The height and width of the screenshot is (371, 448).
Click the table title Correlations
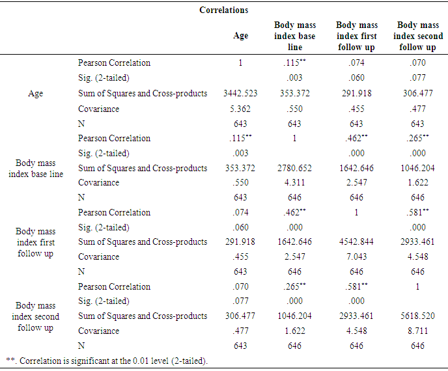coord(224,10)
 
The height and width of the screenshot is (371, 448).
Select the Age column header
coord(240,36)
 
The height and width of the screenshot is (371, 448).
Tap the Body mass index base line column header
coord(295,36)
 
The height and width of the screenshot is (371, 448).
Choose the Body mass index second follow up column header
coord(417,36)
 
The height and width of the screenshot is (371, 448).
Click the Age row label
coord(36,94)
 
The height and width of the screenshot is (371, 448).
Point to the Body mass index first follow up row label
coord(36,242)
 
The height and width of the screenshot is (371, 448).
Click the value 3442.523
coord(240,94)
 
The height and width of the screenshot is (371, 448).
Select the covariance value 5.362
coord(240,109)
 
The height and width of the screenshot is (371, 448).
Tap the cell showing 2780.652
coord(295,168)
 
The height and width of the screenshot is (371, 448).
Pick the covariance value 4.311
coord(295,183)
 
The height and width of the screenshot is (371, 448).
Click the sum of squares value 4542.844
coord(357,242)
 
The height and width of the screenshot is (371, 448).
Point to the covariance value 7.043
coord(357,257)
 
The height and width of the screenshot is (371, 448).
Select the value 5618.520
coord(417,316)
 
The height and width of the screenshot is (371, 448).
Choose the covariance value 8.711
coord(417,331)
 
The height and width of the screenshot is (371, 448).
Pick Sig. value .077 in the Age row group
coord(417,79)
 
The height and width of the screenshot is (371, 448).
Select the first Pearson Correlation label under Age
coord(114,63)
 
